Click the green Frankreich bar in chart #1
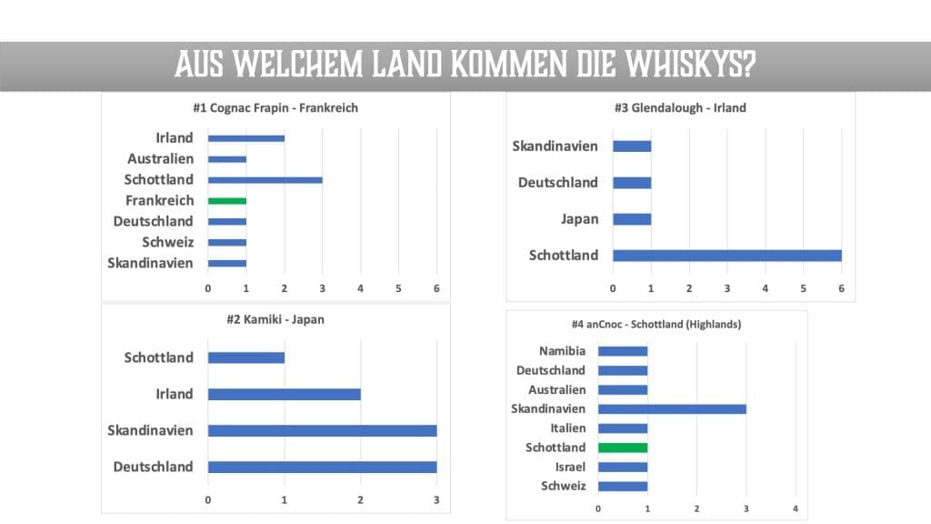click(226, 200)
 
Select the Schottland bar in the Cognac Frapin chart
click(265, 179)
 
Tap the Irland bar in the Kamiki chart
click(284, 394)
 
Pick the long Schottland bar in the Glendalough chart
click(726, 256)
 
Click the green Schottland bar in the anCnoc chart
click(623, 448)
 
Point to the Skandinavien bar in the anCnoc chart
click(672, 409)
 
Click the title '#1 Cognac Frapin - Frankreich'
click(275, 107)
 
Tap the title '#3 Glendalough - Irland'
click(680, 107)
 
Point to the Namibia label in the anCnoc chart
click(562, 351)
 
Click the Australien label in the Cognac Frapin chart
click(160, 158)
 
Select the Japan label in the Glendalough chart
click(579, 218)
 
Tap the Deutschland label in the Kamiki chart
click(153, 467)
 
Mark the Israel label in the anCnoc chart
click(570, 467)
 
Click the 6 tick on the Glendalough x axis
click(841, 288)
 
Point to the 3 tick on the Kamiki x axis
click(436, 499)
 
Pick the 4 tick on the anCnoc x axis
click(796, 508)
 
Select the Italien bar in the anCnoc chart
click(623, 428)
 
